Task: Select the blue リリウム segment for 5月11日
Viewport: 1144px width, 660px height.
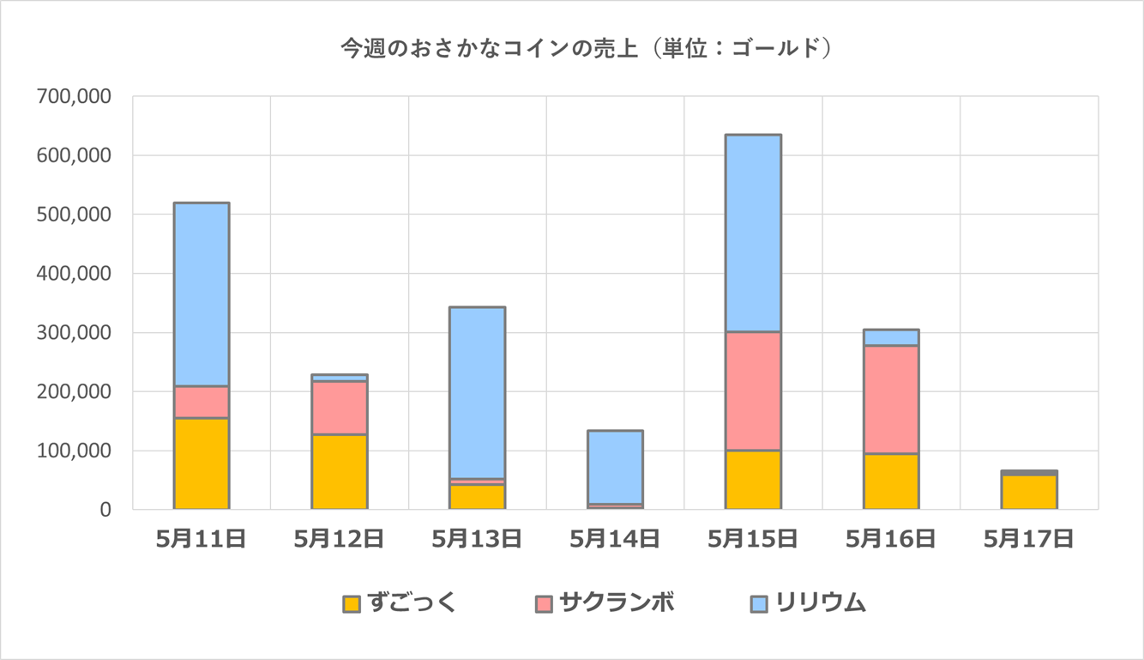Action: [x=202, y=294]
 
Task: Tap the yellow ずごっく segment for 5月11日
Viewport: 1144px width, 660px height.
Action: [x=202, y=463]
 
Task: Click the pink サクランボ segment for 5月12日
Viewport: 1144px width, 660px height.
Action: [x=340, y=408]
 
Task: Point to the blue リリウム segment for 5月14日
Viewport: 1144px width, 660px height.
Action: [x=615, y=467]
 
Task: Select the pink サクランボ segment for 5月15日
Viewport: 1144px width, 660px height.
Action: [x=753, y=391]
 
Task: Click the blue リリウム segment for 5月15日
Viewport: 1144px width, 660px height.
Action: [x=753, y=233]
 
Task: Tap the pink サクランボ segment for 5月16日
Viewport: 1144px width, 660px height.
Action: [x=891, y=399]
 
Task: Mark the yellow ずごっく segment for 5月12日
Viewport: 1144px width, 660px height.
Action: [x=340, y=472]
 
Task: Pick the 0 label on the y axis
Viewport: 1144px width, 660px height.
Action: [x=105, y=510]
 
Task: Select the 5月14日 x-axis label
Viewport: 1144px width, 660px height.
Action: [x=615, y=539]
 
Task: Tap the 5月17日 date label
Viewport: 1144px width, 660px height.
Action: [x=1029, y=539]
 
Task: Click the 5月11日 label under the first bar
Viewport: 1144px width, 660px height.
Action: [x=202, y=539]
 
